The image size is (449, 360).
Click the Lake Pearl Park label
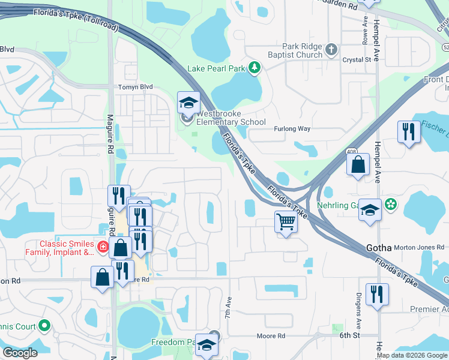216,68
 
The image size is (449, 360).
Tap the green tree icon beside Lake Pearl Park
255,68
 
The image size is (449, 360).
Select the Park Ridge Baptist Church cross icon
332,50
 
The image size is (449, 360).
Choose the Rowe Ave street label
365,30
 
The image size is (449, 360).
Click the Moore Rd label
271,337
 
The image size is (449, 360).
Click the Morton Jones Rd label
418,247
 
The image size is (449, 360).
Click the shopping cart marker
286,221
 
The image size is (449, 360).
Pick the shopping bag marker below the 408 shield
358,165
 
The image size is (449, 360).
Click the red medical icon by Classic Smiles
103,247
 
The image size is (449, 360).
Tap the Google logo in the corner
20,353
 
